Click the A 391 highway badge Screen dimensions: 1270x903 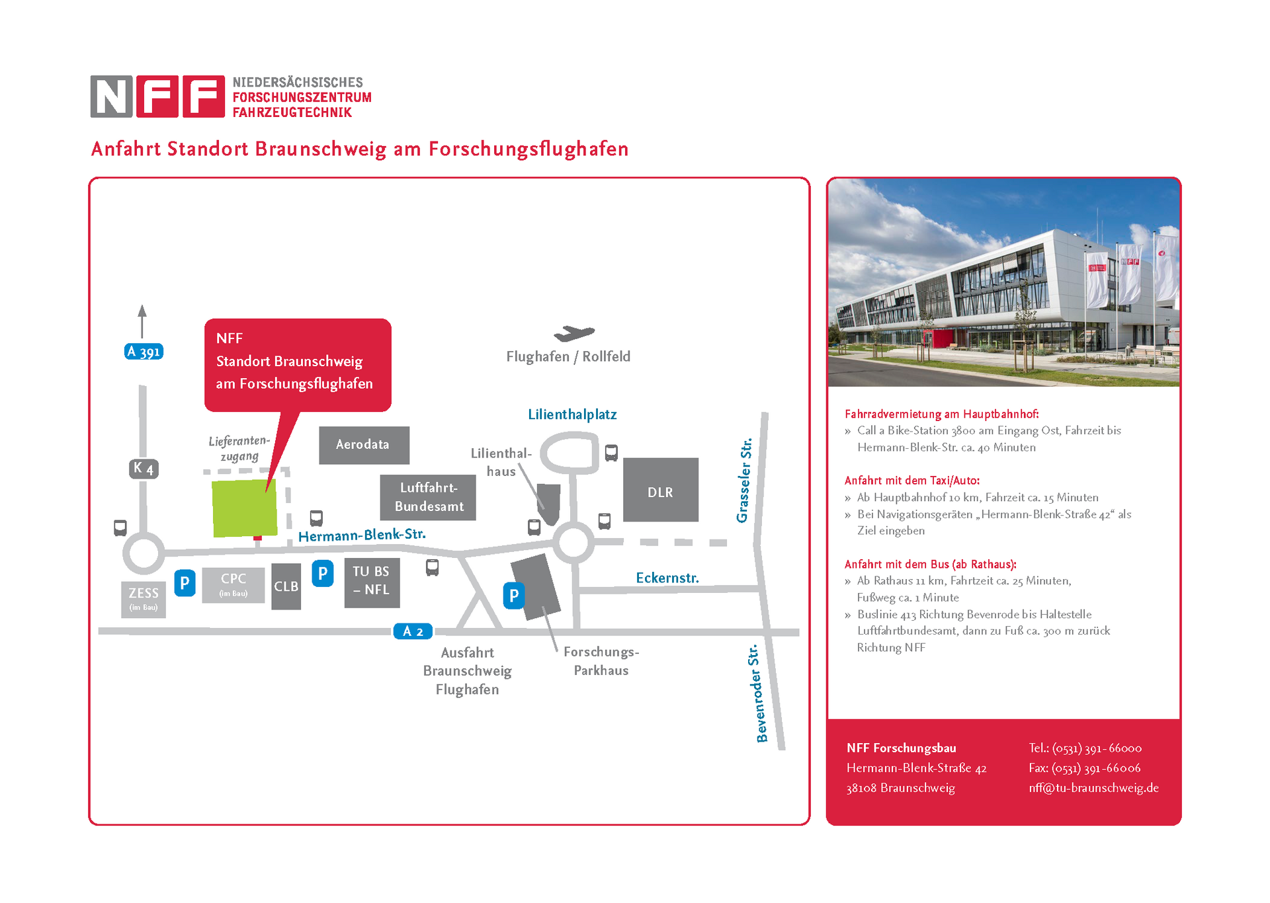point(144,352)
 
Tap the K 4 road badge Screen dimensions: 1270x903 point(144,469)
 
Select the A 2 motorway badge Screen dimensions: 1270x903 point(413,631)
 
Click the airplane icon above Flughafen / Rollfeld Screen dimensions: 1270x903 point(574,333)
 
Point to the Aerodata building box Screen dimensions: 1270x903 point(364,445)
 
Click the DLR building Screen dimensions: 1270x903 point(660,490)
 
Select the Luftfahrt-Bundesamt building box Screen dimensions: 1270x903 point(428,497)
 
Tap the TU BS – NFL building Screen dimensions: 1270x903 point(372,583)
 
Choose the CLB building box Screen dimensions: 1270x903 point(286,586)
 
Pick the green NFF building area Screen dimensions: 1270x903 point(244,508)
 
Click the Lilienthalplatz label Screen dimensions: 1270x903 point(572,414)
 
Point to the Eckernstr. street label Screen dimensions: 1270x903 point(667,578)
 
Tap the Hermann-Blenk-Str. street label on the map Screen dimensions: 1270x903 point(362,535)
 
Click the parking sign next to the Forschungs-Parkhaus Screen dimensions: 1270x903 point(514,596)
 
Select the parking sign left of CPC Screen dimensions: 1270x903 point(185,583)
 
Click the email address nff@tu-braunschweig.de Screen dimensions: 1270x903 point(1093,788)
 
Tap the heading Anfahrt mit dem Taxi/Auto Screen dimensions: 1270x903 point(911,481)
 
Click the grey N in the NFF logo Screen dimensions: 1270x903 point(111,97)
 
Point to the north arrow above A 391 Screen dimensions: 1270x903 point(142,321)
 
